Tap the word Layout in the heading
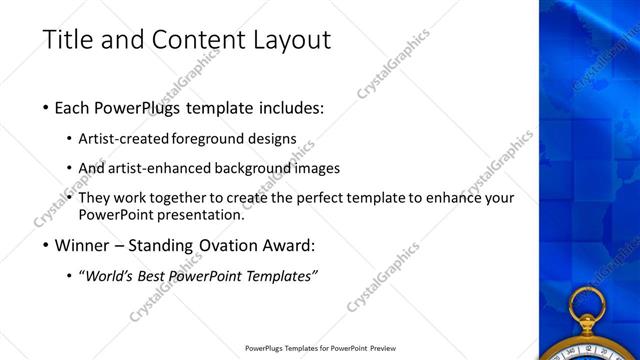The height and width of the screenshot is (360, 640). (x=290, y=41)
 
